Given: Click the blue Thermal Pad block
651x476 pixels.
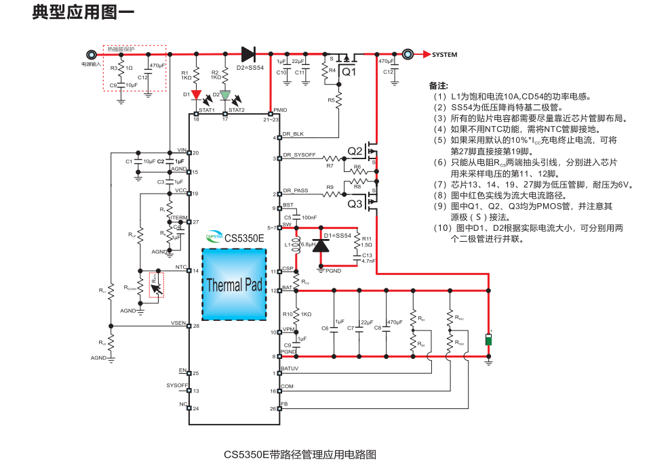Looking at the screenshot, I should [234, 284].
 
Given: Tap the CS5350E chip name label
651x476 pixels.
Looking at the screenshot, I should [245, 238].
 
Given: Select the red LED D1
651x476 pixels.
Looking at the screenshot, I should [195, 95].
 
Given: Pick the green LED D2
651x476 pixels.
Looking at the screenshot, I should [225, 95].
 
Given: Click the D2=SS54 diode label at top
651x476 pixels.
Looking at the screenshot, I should [250, 68].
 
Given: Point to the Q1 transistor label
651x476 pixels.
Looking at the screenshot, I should [348, 72].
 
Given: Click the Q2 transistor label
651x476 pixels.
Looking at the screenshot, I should [355, 150].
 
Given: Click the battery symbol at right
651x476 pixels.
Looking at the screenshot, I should [488, 339].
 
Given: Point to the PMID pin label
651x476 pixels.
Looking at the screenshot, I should [279, 110].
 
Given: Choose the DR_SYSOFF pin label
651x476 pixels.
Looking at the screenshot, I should [299, 155].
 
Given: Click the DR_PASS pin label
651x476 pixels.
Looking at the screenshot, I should [295, 190].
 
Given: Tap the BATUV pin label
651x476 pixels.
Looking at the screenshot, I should [290, 368].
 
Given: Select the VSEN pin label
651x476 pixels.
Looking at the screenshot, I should [179, 322].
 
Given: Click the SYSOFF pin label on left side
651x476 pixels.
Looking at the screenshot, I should [177, 385].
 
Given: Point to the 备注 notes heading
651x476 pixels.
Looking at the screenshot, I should [439, 86].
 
